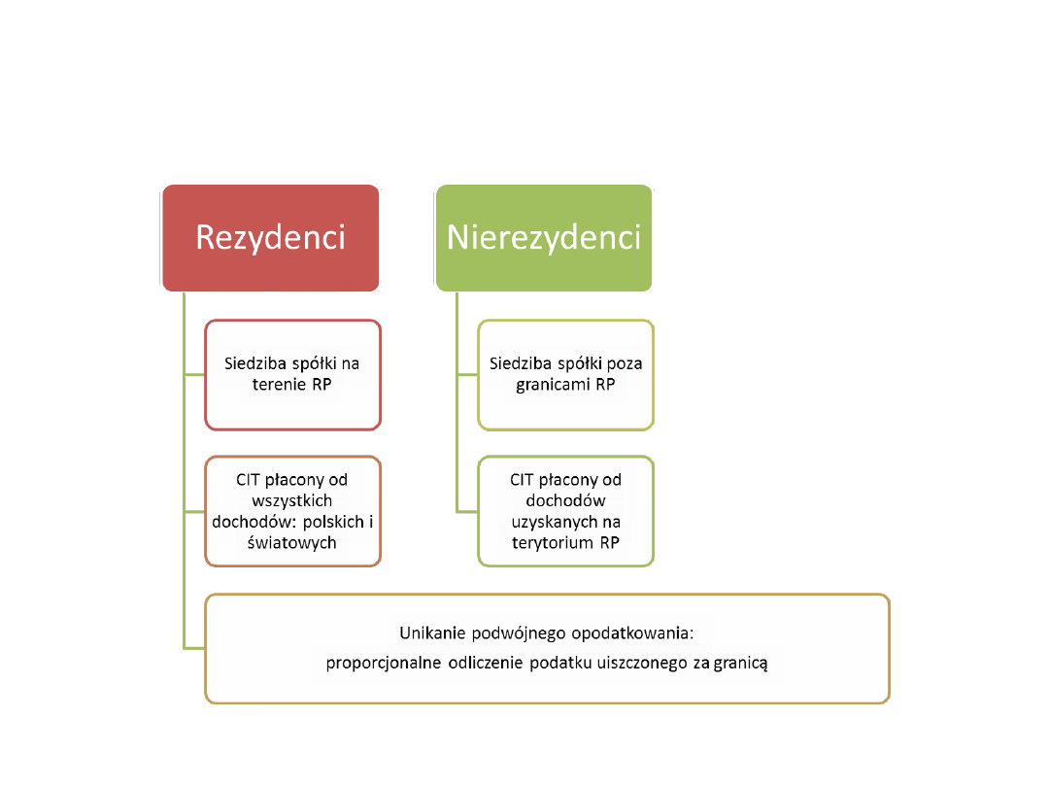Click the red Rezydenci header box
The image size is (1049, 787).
(270, 238)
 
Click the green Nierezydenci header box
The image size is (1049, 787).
(544, 238)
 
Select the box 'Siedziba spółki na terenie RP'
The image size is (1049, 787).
(292, 374)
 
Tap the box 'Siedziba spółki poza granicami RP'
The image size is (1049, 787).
(566, 374)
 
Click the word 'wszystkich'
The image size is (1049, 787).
(292, 500)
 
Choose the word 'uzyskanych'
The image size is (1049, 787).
(566, 522)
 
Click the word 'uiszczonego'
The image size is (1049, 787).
(643, 665)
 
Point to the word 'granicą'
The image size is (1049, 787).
(741, 665)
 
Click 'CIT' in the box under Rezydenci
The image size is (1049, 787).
(251, 480)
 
